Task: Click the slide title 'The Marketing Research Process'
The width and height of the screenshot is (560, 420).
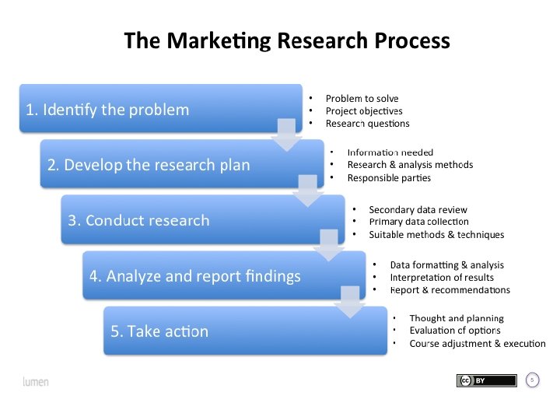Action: (287, 40)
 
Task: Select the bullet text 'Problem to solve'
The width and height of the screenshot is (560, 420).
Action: (362, 98)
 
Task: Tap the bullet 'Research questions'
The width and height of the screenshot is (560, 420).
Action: (367, 124)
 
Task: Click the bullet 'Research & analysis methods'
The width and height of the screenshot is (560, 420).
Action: (409, 165)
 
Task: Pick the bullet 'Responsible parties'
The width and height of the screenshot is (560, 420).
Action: (388, 178)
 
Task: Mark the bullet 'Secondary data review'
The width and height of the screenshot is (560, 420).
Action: (418, 209)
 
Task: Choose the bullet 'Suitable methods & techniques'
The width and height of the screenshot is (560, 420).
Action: (436, 235)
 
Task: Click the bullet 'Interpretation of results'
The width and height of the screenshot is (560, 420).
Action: (441, 277)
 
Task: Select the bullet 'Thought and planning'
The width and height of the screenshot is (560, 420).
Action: (456, 318)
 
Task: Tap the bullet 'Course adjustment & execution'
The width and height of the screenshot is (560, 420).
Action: (477, 344)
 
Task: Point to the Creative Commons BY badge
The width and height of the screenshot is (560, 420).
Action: (486, 380)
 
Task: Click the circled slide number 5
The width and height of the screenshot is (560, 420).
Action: (533, 380)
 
